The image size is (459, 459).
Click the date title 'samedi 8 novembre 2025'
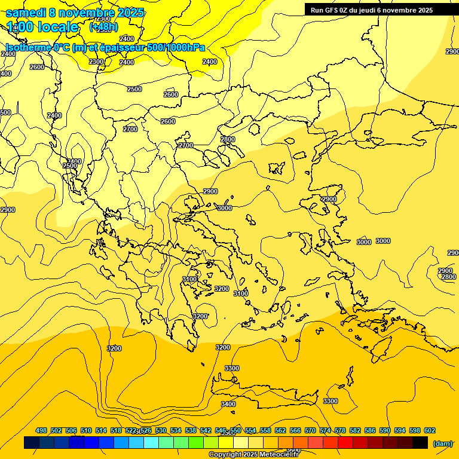coord(75,13)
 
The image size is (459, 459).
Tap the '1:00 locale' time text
coord(42,27)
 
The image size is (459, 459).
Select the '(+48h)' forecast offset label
coord(103,27)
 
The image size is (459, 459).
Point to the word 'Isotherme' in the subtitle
coord(27,48)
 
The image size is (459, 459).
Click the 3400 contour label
coord(228,404)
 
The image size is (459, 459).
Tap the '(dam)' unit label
coord(442,443)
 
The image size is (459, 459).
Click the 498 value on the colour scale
coord(41,430)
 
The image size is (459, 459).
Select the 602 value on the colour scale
coord(429,430)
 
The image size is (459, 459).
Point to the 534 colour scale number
coord(176,430)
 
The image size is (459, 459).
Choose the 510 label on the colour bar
coord(86,430)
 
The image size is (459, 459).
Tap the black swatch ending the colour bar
coord(420,443)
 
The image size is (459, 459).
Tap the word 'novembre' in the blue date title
coord(88,13)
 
